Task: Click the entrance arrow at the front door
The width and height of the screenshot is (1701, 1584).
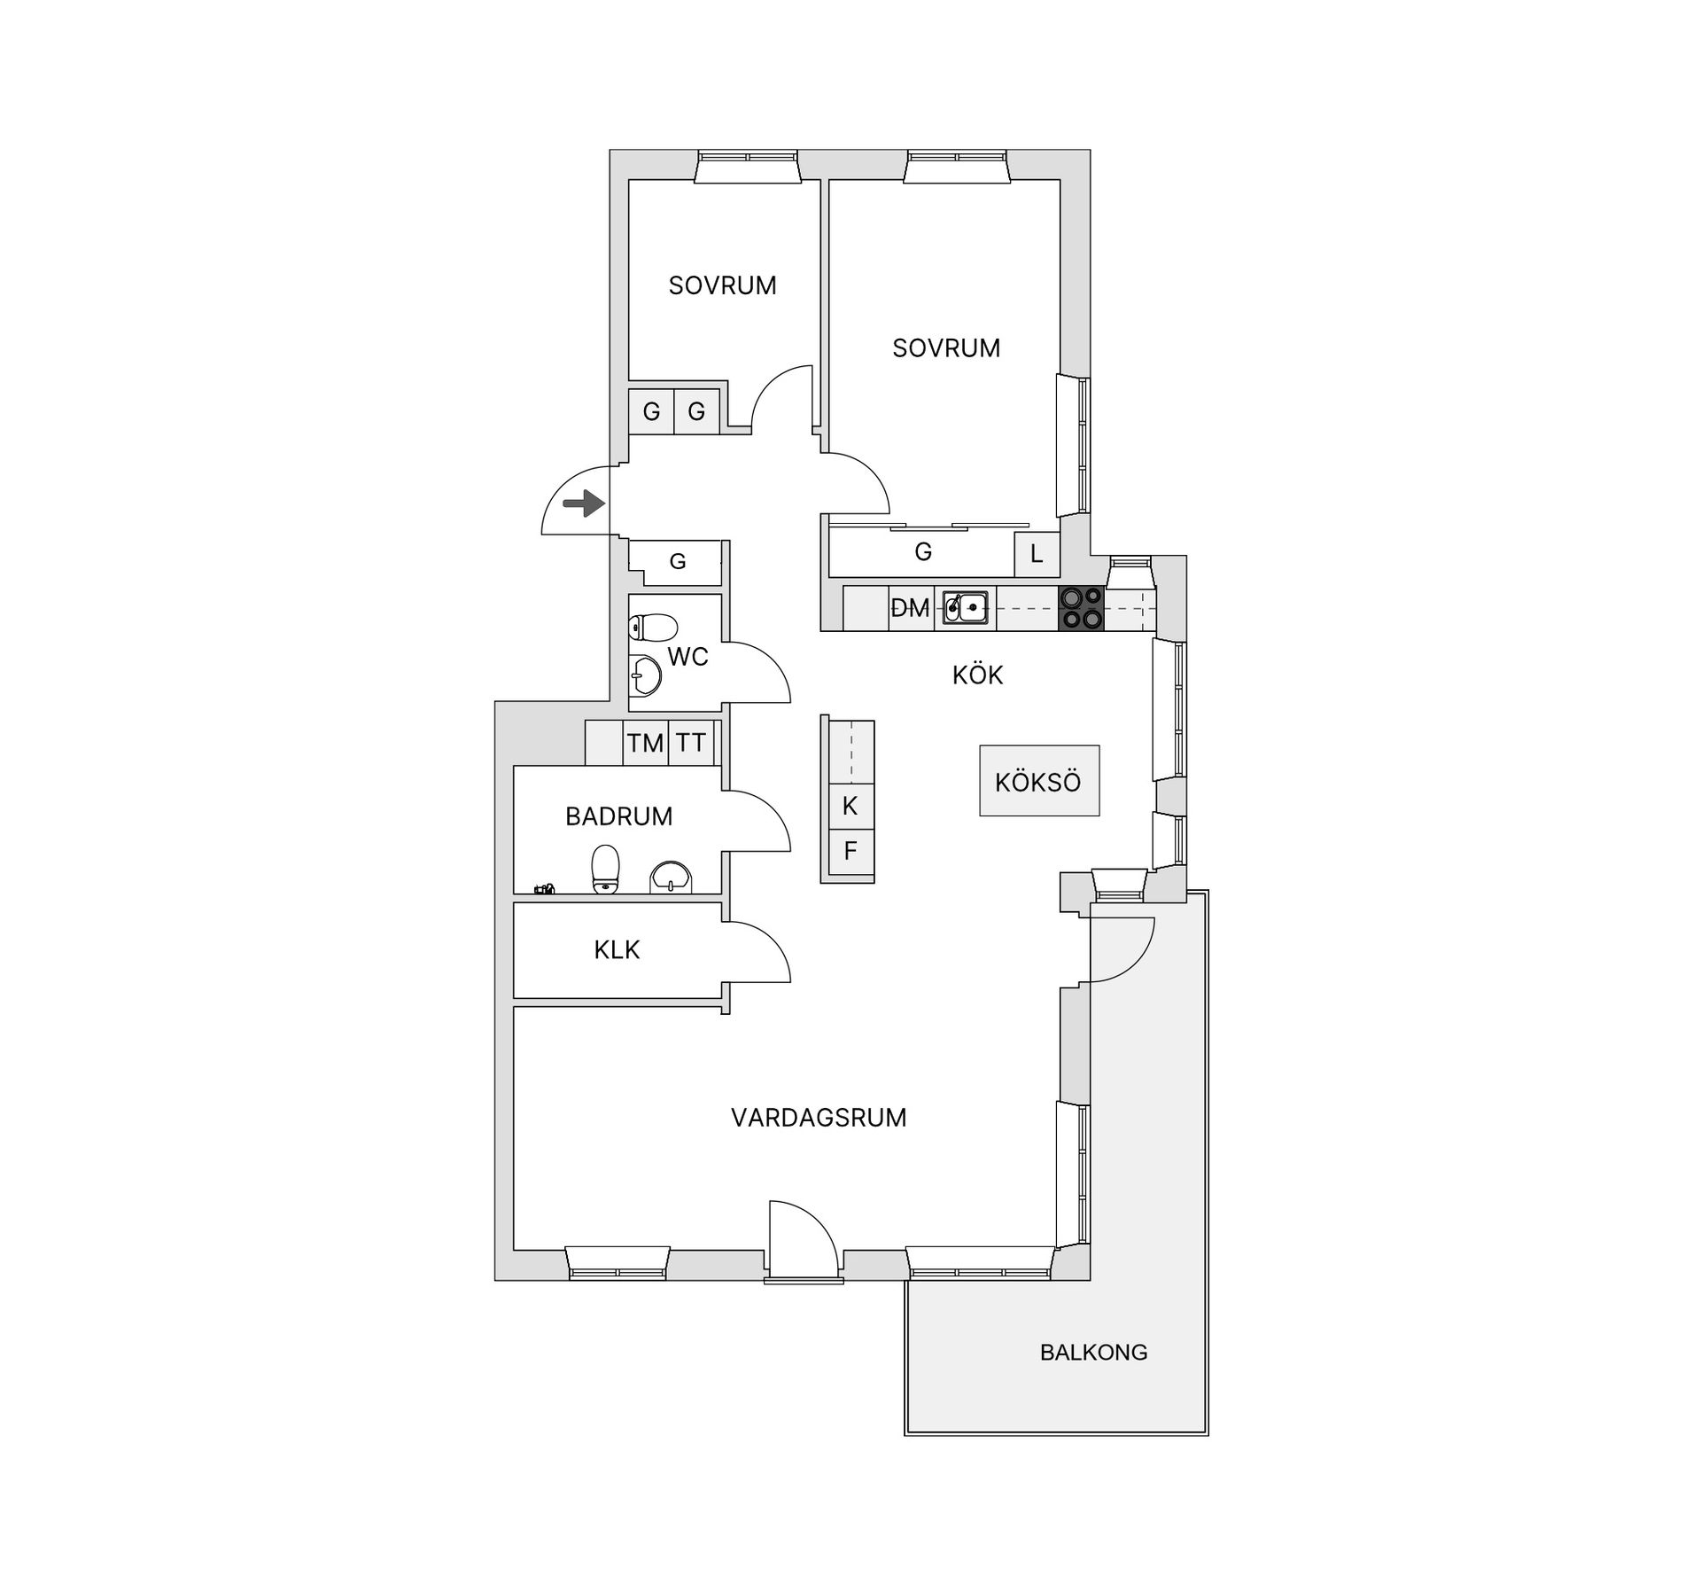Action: pyautogui.click(x=584, y=504)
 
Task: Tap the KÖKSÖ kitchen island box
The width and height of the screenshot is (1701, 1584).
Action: pyautogui.click(x=1039, y=780)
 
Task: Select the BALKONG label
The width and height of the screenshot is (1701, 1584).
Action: pyautogui.click(x=1093, y=1352)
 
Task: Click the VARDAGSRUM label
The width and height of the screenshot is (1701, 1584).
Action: pyautogui.click(x=819, y=1117)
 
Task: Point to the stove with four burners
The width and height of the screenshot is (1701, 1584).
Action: pyautogui.click(x=1082, y=608)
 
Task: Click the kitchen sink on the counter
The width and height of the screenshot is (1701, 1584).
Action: pyautogui.click(x=965, y=608)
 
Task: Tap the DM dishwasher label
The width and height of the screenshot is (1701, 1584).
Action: pyautogui.click(x=910, y=608)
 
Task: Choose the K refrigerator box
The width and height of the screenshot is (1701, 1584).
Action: pyautogui.click(x=850, y=807)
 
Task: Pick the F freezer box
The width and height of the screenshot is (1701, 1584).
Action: pyautogui.click(x=850, y=852)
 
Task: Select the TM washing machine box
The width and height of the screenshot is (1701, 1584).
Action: pyautogui.click(x=646, y=743)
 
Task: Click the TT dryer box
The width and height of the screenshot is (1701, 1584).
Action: pyautogui.click(x=691, y=743)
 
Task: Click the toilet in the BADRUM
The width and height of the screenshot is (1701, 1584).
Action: pyautogui.click(x=605, y=870)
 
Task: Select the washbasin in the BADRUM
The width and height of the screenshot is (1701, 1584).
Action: pyautogui.click(x=671, y=877)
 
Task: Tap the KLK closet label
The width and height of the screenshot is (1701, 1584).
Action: pyautogui.click(x=617, y=950)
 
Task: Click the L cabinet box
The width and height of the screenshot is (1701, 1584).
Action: pyautogui.click(x=1037, y=555)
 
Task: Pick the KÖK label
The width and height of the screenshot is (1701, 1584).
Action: pyautogui.click(x=977, y=675)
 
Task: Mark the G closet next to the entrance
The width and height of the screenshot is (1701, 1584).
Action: pyautogui.click(x=678, y=561)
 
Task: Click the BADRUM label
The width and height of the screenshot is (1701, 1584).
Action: pyautogui.click(x=619, y=816)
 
